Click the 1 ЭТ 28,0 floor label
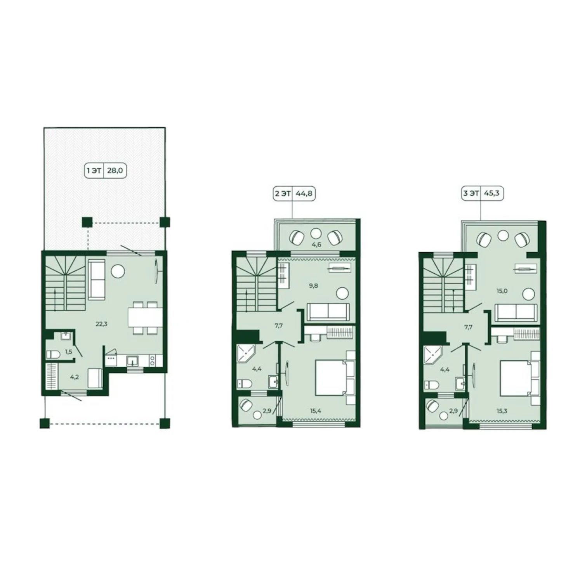click(x=106, y=170)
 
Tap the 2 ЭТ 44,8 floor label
click(x=294, y=193)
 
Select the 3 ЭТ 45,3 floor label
click(x=483, y=193)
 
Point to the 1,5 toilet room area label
click(x=68, y=352)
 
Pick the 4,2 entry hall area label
click(x=74, y=377)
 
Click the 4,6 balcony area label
click(x=317, y=245)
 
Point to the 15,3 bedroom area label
click(x=502, y=411)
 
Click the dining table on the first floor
click(x=146, y=318)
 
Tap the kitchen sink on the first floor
click(x=133, y=361)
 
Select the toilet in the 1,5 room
click(x=52, y=354)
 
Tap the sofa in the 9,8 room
click(x=328, y=312)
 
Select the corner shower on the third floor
click(x=433, y=355)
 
